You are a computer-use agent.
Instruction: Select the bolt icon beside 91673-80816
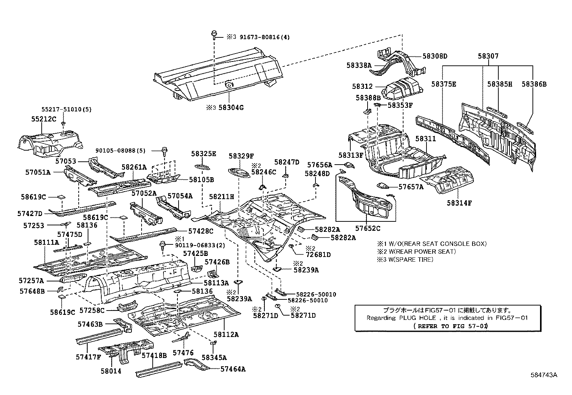tap(214, 35)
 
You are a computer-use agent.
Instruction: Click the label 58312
tap(363, 86)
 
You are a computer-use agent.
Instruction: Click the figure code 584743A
tap(544, 375)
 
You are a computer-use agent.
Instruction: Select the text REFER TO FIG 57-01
tap(451, 326)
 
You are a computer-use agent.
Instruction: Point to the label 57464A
tap(233, 368)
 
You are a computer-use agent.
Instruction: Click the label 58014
tap(111, 371)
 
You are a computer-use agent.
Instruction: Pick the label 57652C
tap(368, 228)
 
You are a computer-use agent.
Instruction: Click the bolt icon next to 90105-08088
tap(165, 150)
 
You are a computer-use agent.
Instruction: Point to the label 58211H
tap(222, 197)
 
